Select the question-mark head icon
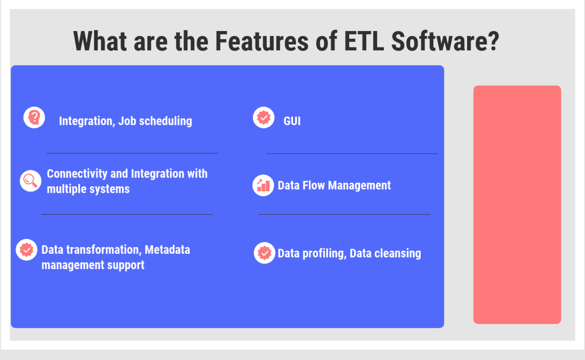coord(34,117)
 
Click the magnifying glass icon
coord(31,181)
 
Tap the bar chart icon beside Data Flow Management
coord(263,185)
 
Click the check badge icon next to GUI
coord(264,117)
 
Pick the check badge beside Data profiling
coord(265,253)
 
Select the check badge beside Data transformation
coord(27,250)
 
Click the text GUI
coord(292,121)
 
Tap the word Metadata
coord(167,250)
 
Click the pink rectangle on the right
coord(517,205)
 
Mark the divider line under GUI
coord(352,154)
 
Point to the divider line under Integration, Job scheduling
coord(132,153)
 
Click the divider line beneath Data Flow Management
coord(344,214)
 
